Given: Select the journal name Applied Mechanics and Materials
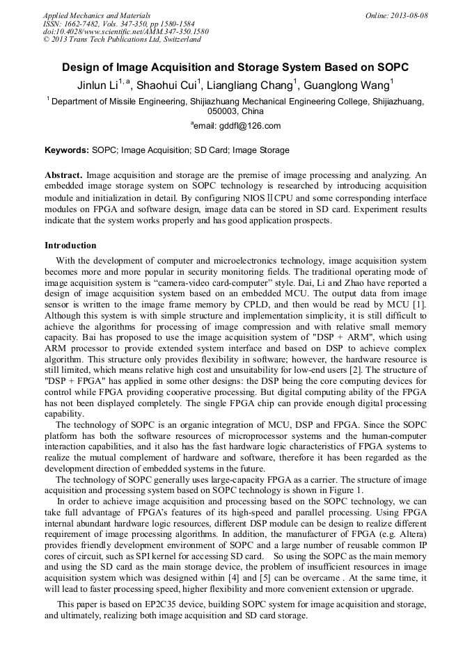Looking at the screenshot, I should pyautogui.click(x=97, y=15).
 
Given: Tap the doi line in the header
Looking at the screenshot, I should pyautogui.click(x=125, y=31).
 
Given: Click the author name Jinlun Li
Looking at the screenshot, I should pyautogui.click(x=97, y=86).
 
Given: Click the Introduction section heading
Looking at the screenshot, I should pyautogui.click(x=70, y=246).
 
